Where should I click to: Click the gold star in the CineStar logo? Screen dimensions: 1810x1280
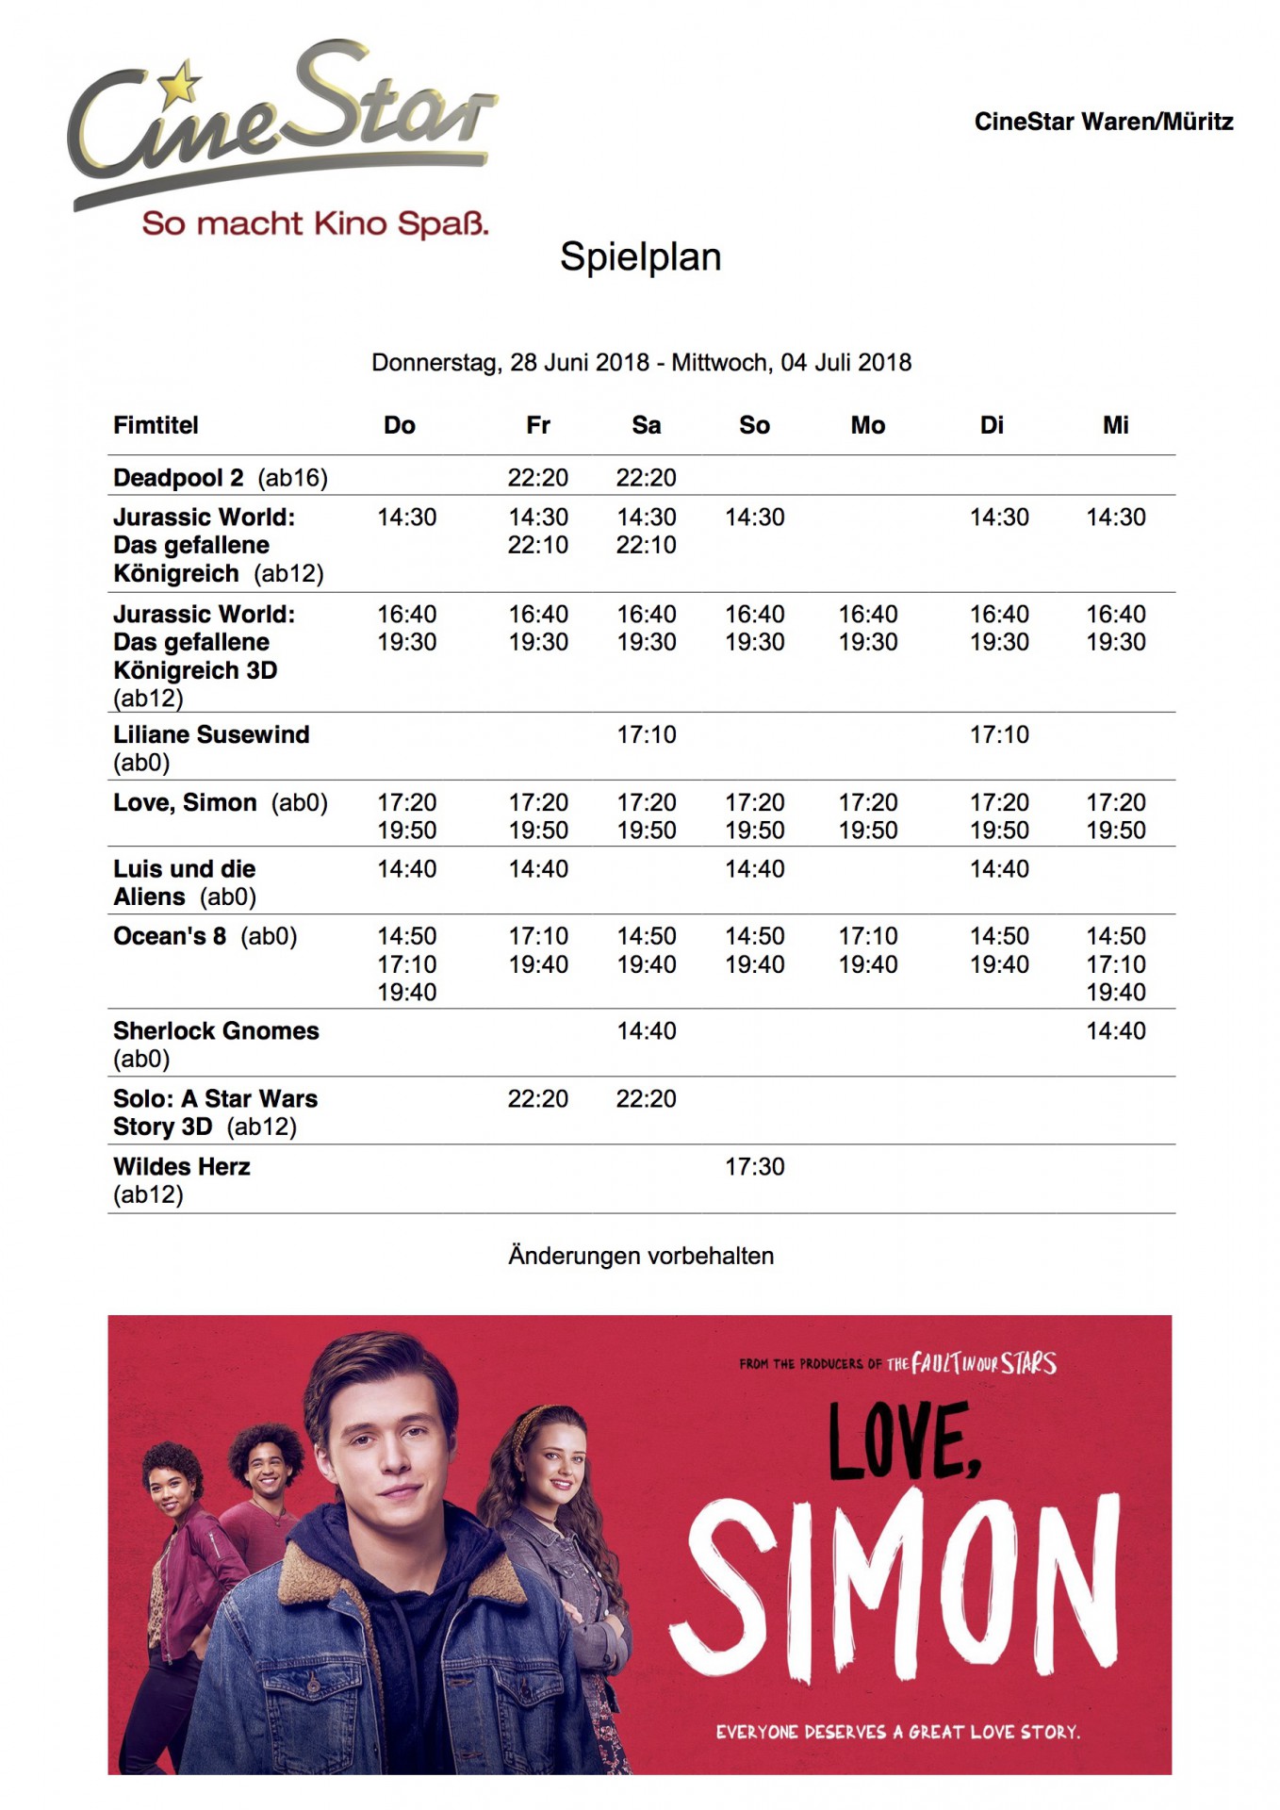(178, 83)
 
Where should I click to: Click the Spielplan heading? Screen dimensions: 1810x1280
(640, 256)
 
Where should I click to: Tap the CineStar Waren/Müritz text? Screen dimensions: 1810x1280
(1103, 122)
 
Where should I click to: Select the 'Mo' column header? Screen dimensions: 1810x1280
(867, 425)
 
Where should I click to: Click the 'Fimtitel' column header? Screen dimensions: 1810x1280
(156, 425)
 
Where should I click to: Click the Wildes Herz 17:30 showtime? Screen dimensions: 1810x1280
(754, 1167)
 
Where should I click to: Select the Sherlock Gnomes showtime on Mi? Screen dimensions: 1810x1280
(1115, 1031)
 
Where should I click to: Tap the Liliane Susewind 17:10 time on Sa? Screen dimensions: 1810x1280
(646, 735)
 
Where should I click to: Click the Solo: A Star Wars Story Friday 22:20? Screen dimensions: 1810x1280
(537, 1099)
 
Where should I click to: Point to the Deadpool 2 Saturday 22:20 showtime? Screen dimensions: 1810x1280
(646, 478)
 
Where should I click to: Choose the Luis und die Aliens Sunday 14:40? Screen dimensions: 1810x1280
(754, 869)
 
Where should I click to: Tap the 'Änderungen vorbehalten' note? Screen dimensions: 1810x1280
(641, 1256)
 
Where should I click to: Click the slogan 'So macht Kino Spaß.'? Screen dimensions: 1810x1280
(315, 224)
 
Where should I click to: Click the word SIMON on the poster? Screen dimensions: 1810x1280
(895, 1584)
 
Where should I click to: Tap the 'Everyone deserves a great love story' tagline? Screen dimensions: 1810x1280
(897, 1732)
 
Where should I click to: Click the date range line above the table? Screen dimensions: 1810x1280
(641, 363)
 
